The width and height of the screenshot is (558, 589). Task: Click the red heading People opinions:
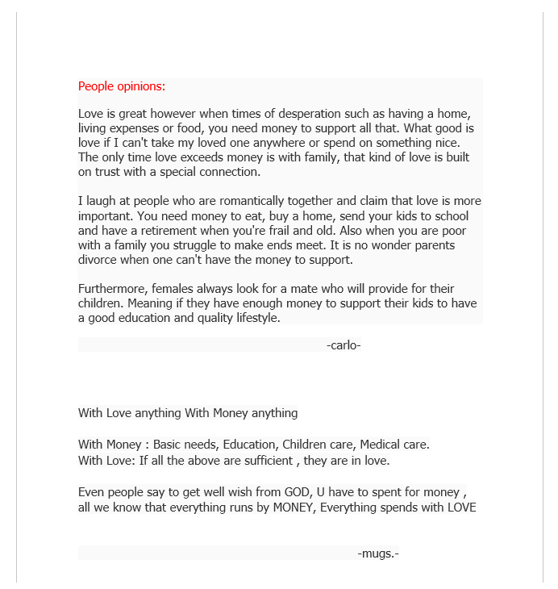(x=121, y=86)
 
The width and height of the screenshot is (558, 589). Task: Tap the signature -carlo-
(x=344, y=345)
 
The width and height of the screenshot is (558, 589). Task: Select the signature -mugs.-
(x=378, y=553)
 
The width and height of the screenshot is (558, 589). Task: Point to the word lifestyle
(x=252, y=318)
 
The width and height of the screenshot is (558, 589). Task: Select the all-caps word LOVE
(x=460, y=508)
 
